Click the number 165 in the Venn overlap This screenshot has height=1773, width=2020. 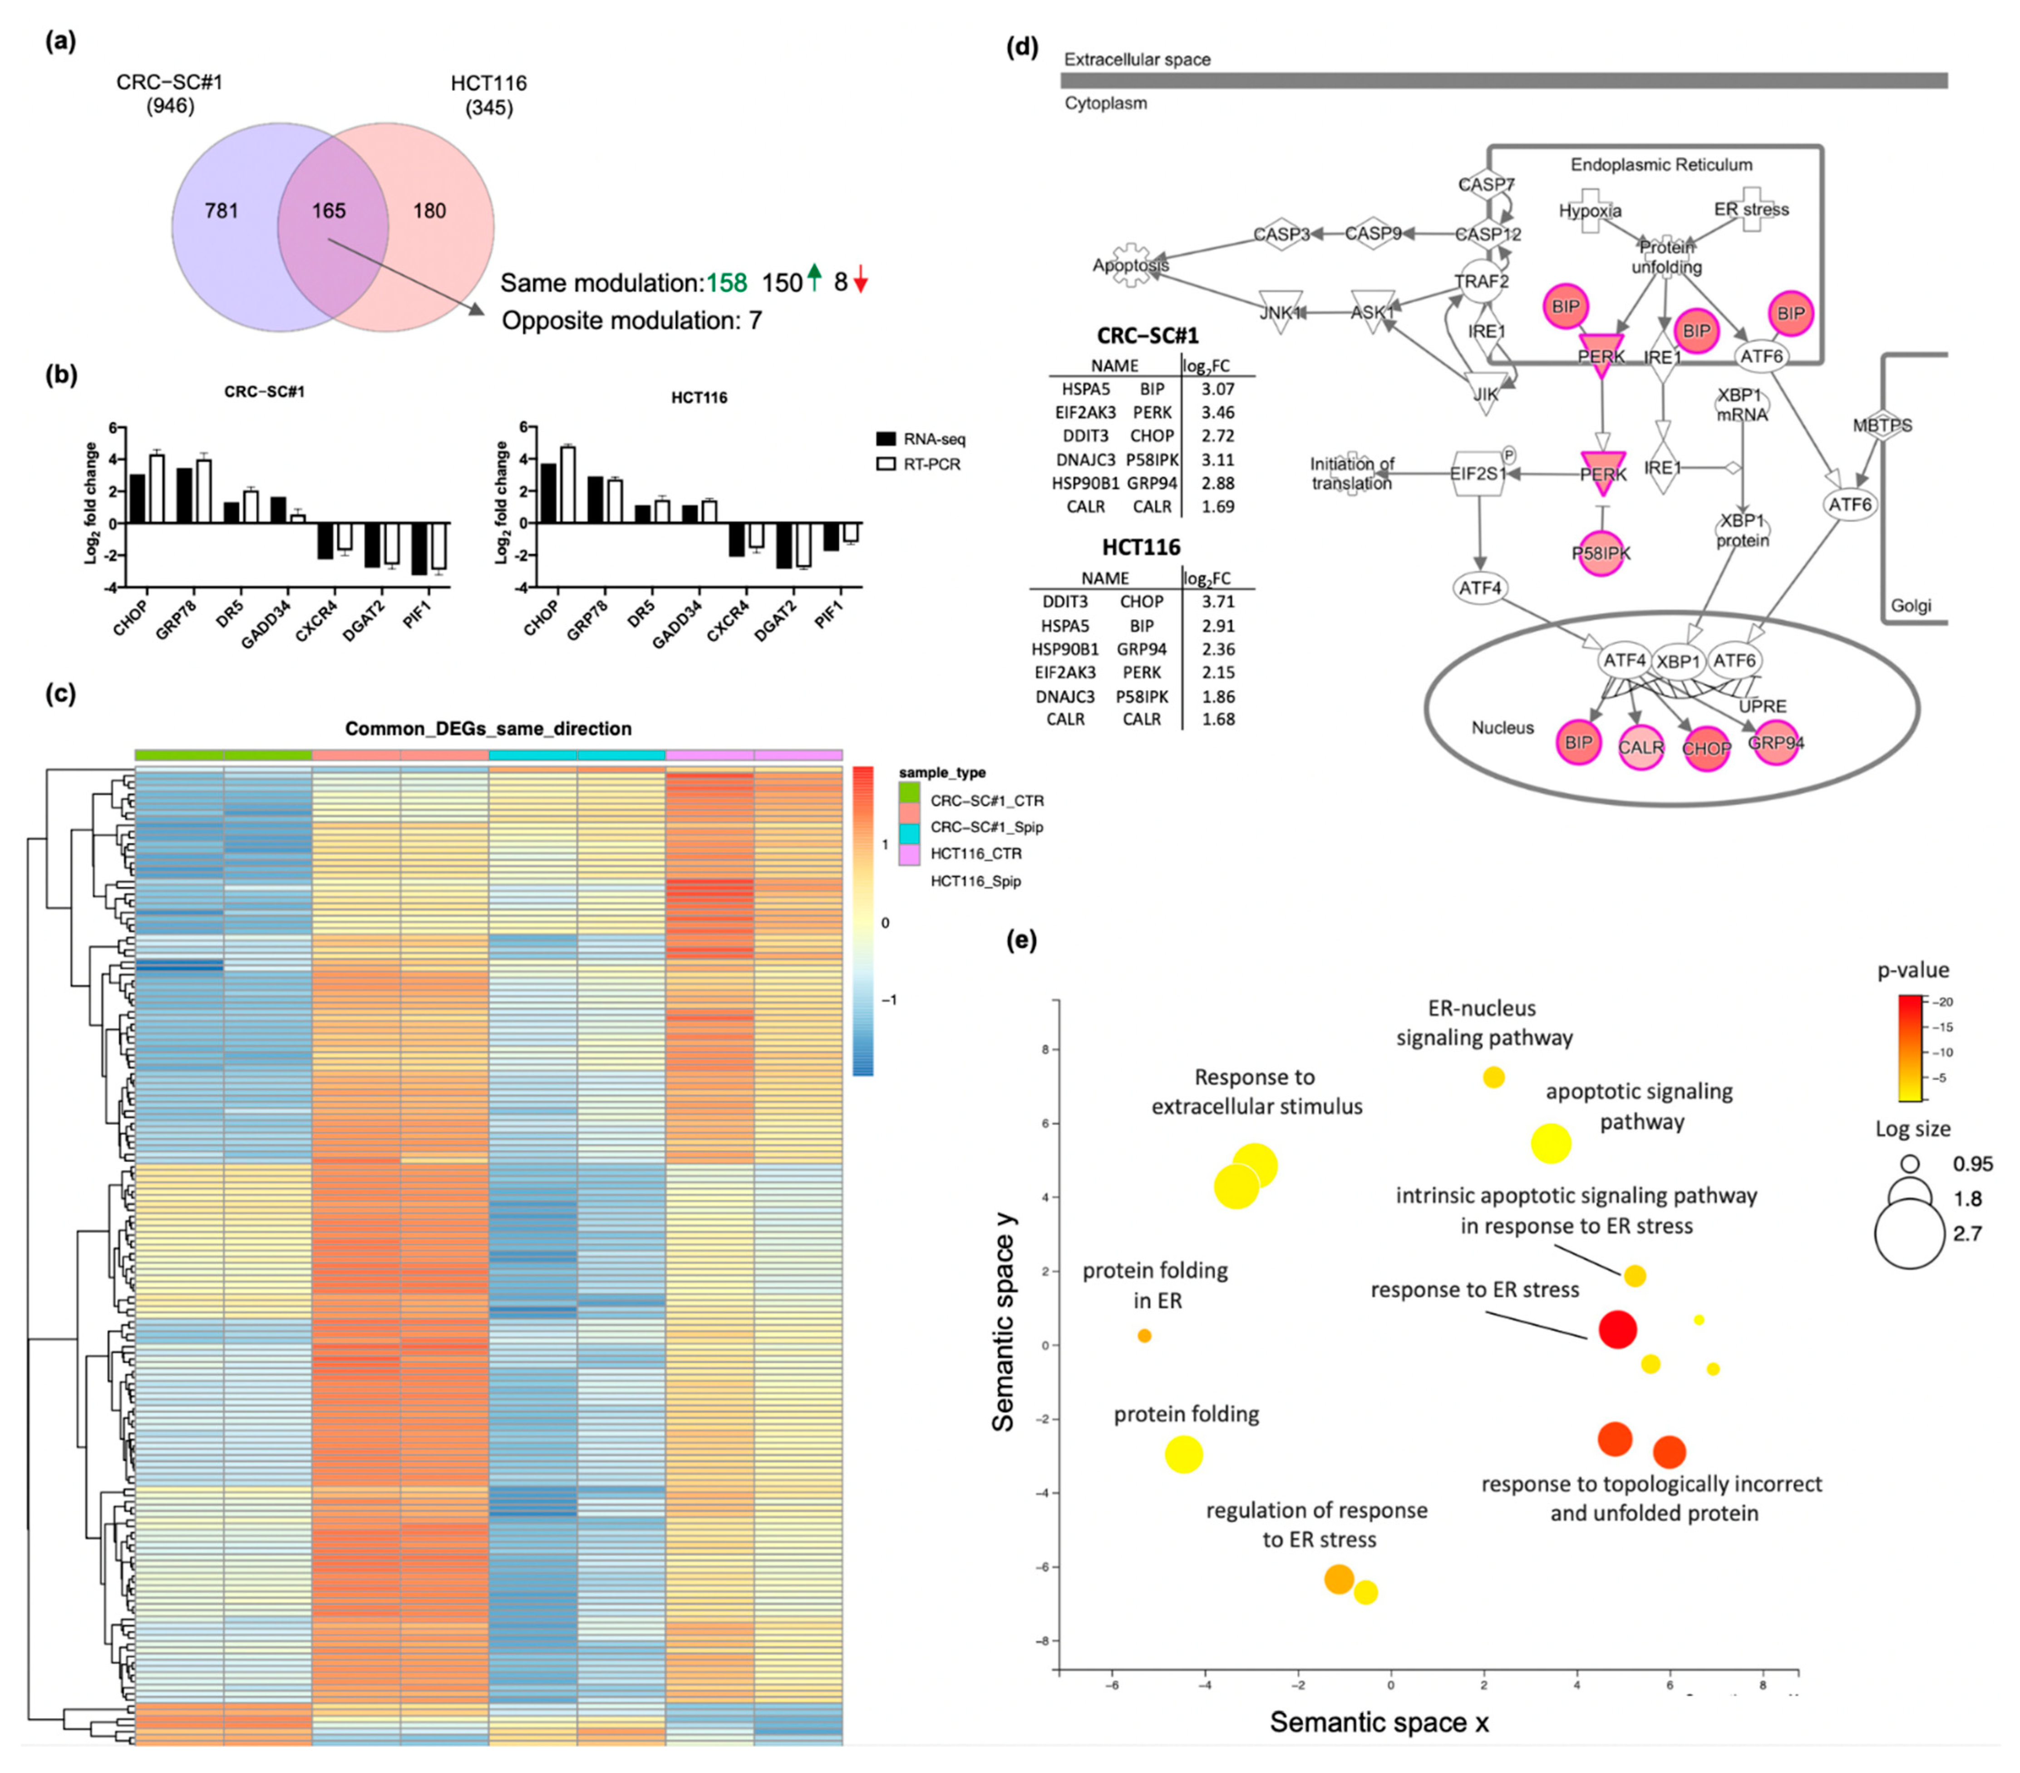coord(329,211)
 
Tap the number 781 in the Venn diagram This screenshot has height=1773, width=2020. coord(222,211)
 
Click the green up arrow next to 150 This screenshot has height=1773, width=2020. coord(814,279)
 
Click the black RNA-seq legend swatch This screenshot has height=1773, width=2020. coord(886,439)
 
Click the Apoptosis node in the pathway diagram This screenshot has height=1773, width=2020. coord(1129,265)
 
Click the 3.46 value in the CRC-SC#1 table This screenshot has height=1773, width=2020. coord(1217,412)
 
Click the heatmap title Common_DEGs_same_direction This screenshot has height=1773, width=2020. coord(488,728)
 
